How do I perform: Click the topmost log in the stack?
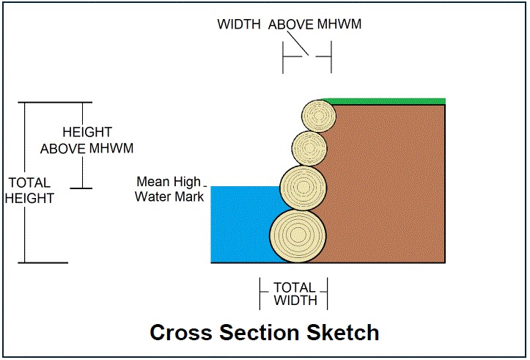point(319,116)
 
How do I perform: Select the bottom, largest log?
point(298,236)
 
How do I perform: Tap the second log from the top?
point(309,148)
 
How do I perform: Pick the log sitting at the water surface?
point(303,188)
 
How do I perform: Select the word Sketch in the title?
point(343,333)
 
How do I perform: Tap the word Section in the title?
point(260,333)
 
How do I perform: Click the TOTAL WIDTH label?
point(295,294)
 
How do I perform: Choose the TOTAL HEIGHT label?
point(30,191)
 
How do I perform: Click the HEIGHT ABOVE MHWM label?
point(87,140)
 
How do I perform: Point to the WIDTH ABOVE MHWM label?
point(290,24)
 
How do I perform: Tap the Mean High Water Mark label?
point(169,189)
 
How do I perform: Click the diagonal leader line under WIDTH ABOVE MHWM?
point(298,43)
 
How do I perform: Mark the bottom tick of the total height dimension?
point(43,262)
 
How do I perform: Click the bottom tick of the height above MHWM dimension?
point(81,188)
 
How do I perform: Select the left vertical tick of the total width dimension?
point(260,293)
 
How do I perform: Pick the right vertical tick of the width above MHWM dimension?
point(331,56)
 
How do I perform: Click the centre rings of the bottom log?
point(298,234)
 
